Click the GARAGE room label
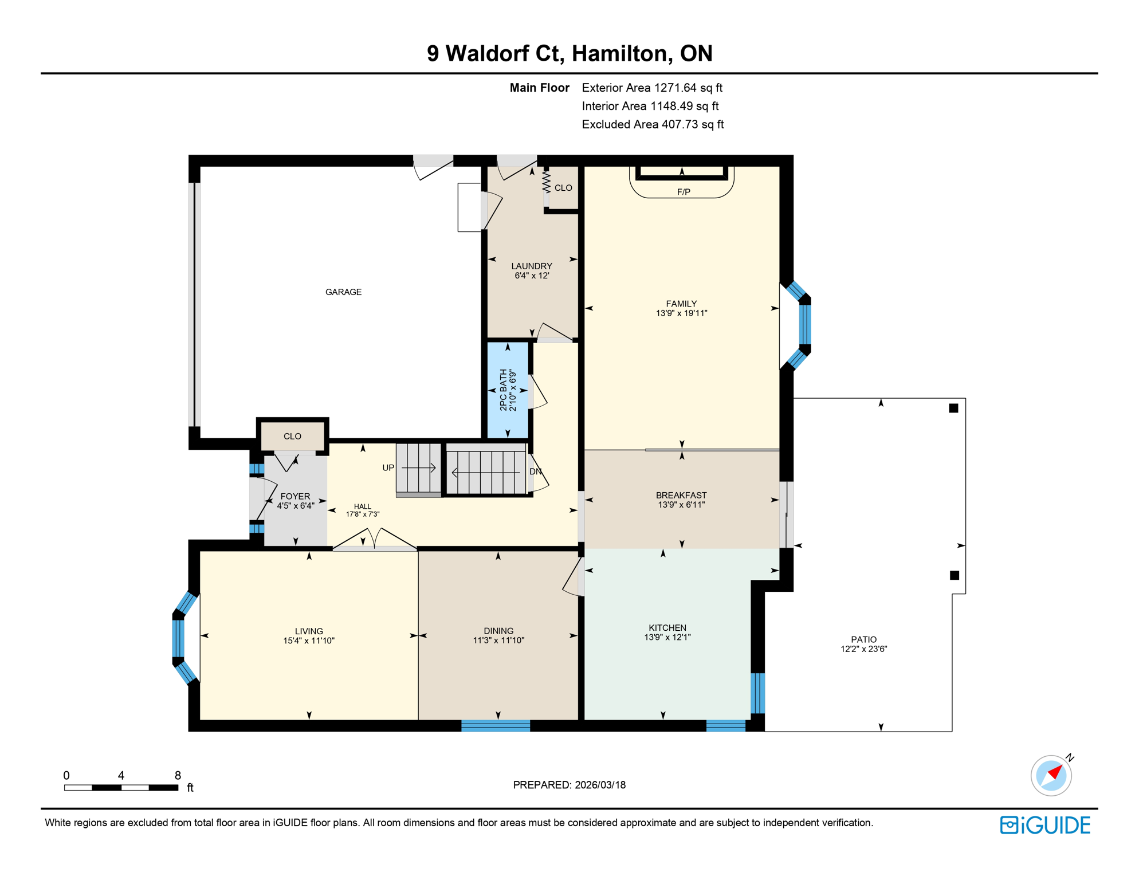[343, 292]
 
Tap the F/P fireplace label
[683, 192]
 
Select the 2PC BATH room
[508, 390]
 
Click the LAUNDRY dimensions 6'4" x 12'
[532, 276]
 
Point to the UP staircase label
[388, 468]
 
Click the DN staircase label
[535, 472]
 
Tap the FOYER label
[295, 496]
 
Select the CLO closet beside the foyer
[292, 437]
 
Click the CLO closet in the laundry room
[563, 188]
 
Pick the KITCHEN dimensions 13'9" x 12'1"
[667, 637]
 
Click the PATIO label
[863, 639]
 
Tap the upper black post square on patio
[953, 408]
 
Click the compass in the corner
[1051, 776]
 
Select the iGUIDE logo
[1045, 825]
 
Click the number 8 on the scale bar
[178, 775]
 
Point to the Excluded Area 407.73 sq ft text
[652, 124]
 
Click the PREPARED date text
[569, 785]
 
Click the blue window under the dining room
[496, 726]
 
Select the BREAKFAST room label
[681, 495]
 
